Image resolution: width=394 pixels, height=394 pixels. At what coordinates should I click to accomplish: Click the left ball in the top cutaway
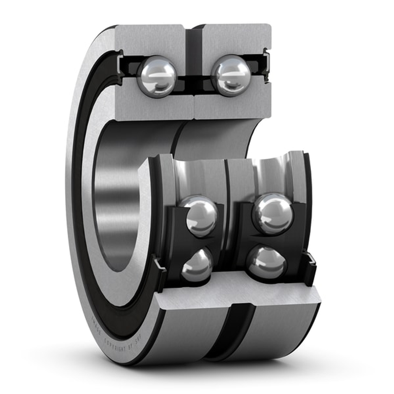point(157,76)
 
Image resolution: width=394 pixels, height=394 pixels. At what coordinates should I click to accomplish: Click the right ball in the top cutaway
point(231,75)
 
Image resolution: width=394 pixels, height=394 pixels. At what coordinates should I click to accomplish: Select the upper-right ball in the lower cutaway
point(273,214)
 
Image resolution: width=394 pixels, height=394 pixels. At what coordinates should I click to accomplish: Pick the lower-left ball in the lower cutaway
point(197,265)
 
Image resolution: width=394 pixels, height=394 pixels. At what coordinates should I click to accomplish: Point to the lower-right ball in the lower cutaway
point(267,262)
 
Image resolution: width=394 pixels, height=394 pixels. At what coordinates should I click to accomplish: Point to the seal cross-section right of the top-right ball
point(266,65)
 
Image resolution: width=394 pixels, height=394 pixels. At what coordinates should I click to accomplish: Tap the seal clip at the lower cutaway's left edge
point(160,266)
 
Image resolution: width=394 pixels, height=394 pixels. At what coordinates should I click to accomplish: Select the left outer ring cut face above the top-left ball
point(150,39)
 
